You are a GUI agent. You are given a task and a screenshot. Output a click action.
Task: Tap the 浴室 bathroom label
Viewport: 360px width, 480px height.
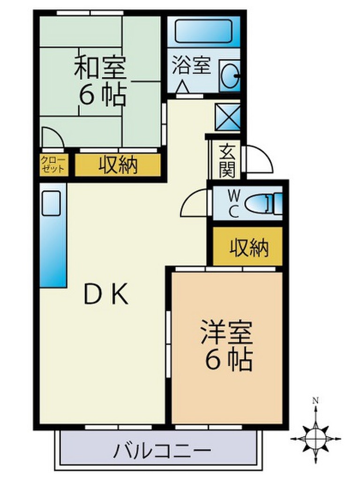pyautogui.click(x=191, y=65)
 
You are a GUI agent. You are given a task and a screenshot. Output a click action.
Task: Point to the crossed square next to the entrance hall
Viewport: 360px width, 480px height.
pyautogui.click(x=228, y=117)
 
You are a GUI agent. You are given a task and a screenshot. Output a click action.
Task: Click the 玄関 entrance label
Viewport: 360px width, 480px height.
pyautogui.click(x=227, y=160)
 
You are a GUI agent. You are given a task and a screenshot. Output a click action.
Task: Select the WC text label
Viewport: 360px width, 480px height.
pyautogui.click(x=234, y=202)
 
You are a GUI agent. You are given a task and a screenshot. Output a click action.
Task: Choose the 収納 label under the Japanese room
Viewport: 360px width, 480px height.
pyautogui.click(x=117, y=165)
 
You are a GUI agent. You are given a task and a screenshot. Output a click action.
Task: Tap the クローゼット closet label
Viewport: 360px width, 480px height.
pyautogui.click(x=53, y=165)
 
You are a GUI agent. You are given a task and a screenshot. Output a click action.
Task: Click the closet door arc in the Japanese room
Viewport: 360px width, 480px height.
pyautogui.click(x=52, y=137)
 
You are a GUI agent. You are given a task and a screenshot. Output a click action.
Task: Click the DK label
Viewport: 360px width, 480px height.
pyautogui.click(x=106, y=295)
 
